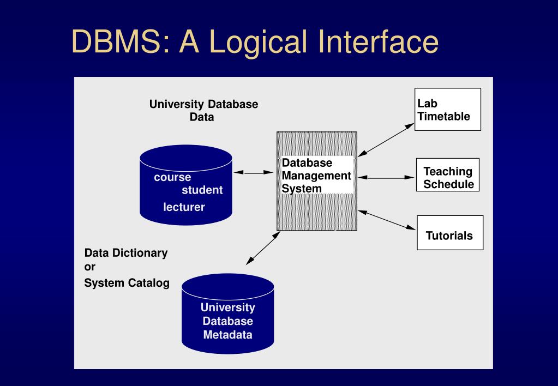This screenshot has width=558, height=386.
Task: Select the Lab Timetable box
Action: (x=447, y=110)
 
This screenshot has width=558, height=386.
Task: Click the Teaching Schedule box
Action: (x=448, y=178)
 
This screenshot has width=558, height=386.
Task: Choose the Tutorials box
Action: (x=449, y=236)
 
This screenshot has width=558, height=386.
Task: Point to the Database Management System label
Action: (x=316, y=176)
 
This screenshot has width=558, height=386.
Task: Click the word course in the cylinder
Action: (x=172, y=177)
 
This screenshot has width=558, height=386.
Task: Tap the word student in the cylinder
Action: (x=202, y=190)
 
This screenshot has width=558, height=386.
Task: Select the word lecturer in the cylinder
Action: (x=184, y=207)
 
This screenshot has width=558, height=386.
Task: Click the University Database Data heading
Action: (x=203, y=110)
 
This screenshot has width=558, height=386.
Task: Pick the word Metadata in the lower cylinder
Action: (x=227, y=335)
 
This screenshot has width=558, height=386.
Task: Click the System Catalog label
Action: (x=127, y=283)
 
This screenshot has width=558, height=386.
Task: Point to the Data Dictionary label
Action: (x=126, y=253)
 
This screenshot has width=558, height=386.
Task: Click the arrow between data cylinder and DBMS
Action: (x=254, y=172)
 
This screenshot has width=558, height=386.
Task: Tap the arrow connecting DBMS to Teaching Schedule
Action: (x=386, y=177)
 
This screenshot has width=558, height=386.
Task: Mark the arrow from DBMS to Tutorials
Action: (x=387, y=220)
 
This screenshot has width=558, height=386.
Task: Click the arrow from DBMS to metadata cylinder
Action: (x=263, y=248)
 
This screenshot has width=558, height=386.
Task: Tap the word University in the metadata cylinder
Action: (x=227, y=307)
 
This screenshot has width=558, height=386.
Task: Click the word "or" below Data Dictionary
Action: (x=90, y=267)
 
